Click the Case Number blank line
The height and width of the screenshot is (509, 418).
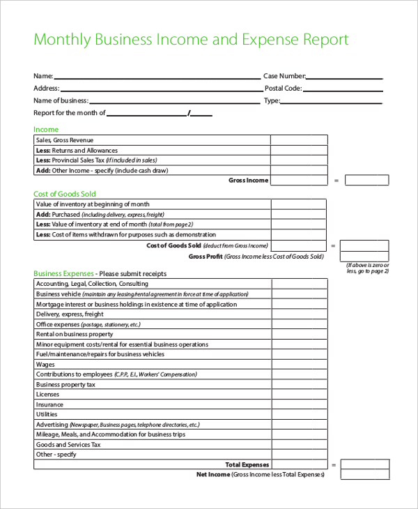pyautogui.click(x=344, y=77)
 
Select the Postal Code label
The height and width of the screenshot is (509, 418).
pyautogui.click(x=283, y=89)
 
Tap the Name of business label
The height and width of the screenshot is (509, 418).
pyautogui.click(x=61, y=100)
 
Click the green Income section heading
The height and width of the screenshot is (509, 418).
pyautogui.click(x=46, y=130)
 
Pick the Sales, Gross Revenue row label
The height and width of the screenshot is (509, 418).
pyautogui.click(x=64, y=140)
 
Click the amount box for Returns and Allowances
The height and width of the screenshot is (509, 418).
pyautogui.click(x=298, y=150)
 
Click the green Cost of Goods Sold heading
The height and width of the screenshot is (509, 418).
pyautogui.click(x=65, y=194)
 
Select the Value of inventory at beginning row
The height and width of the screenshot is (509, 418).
pyautogui.click(x=93, y=204)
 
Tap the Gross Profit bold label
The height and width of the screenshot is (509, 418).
pyautogui.click(x=205, y=257)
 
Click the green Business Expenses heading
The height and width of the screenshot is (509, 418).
pyautogui.click(x=63, y=274)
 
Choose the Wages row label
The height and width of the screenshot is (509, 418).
pyautogui.click(x=45, y=365)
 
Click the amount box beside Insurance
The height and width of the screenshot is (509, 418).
pyautogui.click(x=299, y=404)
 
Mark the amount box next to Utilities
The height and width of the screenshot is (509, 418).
pyautogui.click(x=299, y=415)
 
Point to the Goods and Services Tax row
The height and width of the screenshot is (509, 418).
pyautogui.click(x=68, y=445)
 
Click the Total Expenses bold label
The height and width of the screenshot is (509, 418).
pyautogui.click(x=247, y=464)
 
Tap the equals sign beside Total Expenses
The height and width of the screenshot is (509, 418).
pyautogui.click(x=334, y=464)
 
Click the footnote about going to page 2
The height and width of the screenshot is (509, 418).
pyautogui.click(x=368, y=268)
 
